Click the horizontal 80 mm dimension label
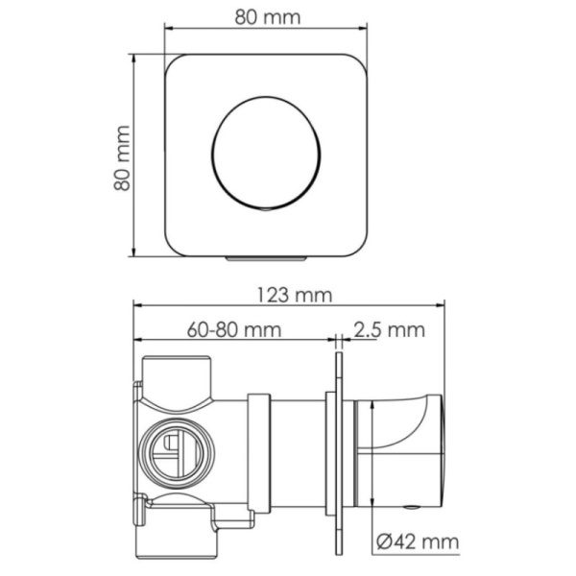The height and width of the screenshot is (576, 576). tap(268, 17)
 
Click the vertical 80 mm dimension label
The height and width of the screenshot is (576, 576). tap(122, 158)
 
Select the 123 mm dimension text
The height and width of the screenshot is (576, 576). tap(294, 296)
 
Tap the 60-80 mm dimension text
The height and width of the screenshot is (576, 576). tap(234, 330)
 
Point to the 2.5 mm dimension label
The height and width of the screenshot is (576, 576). tap(389, 330)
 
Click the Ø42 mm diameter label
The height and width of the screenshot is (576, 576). tap(418, 541)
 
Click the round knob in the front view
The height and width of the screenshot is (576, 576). tap(266, 154)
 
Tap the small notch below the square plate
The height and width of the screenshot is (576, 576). tap(266, 258)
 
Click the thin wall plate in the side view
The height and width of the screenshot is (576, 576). tap(339, 452)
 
